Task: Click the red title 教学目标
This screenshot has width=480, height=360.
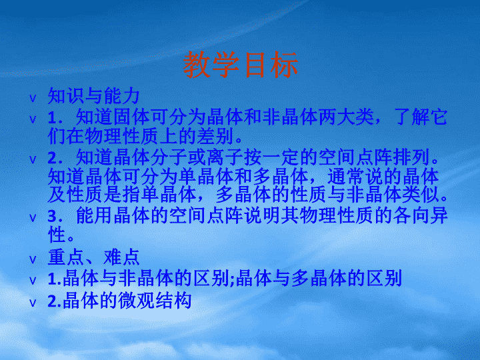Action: [240, 65]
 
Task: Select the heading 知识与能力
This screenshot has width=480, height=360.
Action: [94, 96]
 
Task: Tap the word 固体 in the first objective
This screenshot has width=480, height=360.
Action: [131, 117]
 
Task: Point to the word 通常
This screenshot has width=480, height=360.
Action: [346, 176]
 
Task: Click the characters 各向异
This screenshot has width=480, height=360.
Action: [420, 215]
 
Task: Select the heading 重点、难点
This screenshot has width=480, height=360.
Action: [94, 257]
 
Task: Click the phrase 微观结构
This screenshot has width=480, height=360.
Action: [155, 301]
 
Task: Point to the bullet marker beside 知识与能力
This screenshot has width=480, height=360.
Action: [33, 99]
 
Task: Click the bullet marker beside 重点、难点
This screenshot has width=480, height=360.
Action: [33, 260]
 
